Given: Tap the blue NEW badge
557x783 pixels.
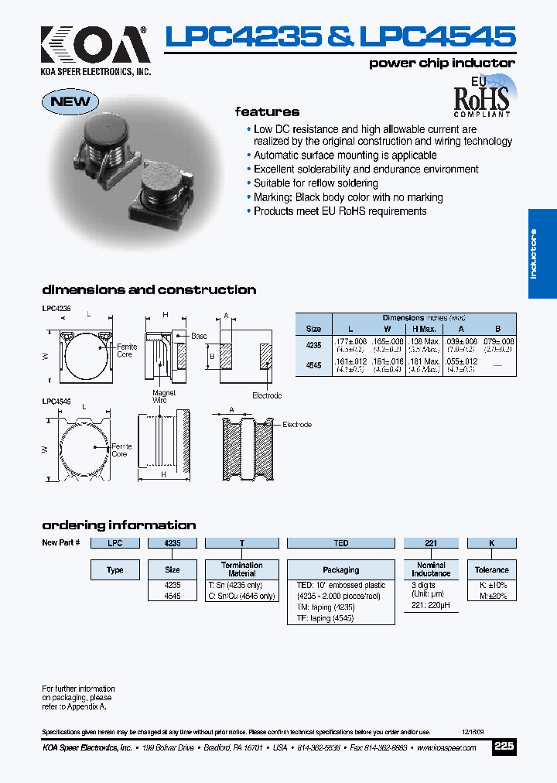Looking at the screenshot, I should click(70, 101).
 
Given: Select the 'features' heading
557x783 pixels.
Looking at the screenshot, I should click(267, 111).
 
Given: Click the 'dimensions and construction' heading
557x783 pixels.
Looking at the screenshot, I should click(149, 290).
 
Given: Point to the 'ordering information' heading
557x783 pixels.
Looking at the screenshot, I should click(118, 525).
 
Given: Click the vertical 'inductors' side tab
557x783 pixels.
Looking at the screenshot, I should click(542, 254).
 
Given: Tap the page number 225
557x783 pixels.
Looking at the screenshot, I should click(504, 747).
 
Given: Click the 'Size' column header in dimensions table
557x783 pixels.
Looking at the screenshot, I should click(313, 329).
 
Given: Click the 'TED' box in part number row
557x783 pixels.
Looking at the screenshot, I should click(341, 543).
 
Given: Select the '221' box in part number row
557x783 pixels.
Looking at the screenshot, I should click(431, 543).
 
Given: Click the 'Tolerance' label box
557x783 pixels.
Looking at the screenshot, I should click(491, 570).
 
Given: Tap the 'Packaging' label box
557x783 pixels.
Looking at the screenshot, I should click(341, 570).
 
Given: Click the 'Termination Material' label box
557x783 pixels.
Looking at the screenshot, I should click(242, 569).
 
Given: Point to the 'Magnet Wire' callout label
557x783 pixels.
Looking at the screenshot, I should click(164, 397).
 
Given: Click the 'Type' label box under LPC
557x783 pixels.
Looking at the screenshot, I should click(115, 570).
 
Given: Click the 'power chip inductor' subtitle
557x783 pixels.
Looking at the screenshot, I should click(442, 63).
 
